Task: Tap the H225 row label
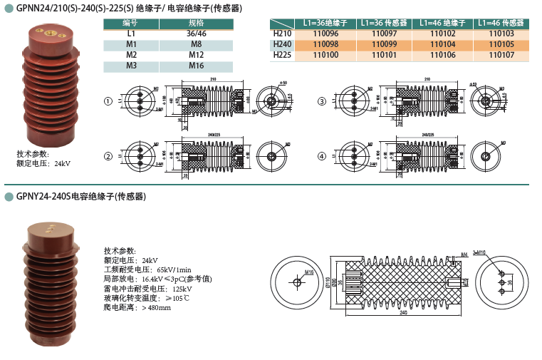click(x=283, y=54)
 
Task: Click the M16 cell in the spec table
click(x=196, y=66)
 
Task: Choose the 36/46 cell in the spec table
click(x=196, y=34)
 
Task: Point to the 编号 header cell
click(x=130, y=24)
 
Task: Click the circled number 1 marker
click(x=108, y=102)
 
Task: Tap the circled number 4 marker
click(x=322, y=156)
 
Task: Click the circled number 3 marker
click(x=322, y=102)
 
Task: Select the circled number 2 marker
click(x=108, y=156)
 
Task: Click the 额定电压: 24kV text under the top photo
click(x=43, y=164)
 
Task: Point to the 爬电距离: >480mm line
click(x=137, y=307)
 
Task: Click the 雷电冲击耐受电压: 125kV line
click(x=147, y=289)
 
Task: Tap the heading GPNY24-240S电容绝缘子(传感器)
click(x=81, y=196)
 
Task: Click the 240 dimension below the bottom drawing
click(x=404, y=312)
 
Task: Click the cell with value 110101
click(x=384, y=54)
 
